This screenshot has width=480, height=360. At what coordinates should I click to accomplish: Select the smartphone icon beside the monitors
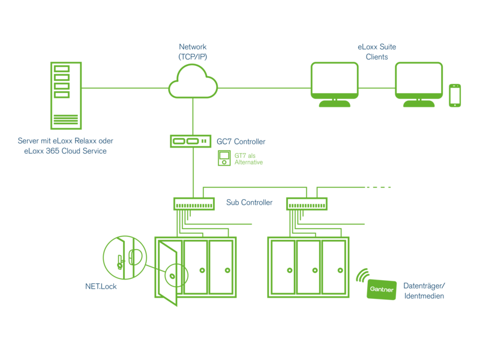pyautogui.click(x=455, y=95)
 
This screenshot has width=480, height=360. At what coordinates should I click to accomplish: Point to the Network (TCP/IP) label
pyautogui.click(x=192, y=52)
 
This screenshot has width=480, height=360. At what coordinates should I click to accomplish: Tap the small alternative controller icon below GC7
pyautogui.click(x=224, y=158)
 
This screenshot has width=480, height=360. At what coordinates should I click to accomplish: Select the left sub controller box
pyautogui.click(x=194, y=204)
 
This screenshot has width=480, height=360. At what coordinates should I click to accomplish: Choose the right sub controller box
pyautogui.click(x=306, y=204)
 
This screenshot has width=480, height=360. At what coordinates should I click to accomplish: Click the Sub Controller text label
pyautogui.click(x=249, y=203)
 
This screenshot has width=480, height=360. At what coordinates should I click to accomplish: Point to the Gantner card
pyautogui.click(x=381, y=290)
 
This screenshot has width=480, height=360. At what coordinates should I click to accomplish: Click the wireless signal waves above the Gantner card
pyautogui.click(x=362, y=274)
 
